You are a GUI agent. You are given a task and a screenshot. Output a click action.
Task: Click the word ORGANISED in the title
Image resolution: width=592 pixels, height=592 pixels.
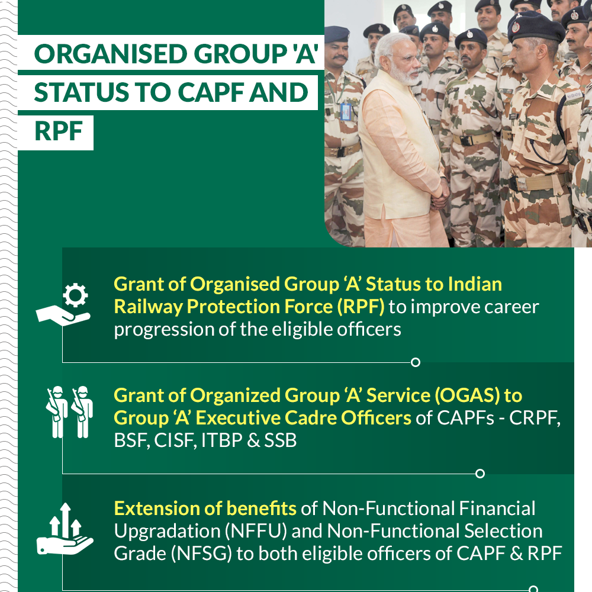click(x=110, y=54)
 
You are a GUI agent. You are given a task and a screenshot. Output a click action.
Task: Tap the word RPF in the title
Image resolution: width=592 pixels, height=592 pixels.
click(x=59, y=131)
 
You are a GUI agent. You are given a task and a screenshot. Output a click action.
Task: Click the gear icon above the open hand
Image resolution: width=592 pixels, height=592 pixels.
click(x=75, y=294)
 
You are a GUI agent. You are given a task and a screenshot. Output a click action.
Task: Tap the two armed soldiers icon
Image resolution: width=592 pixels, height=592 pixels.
click(x=69, y=412)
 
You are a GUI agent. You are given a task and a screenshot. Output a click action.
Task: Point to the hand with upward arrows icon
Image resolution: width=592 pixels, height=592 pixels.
click(x=65, y=529)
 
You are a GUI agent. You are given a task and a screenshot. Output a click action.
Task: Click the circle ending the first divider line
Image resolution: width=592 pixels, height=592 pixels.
click(x=416, y=362)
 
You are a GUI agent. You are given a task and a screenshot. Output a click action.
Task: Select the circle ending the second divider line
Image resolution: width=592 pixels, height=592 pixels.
click(x=480, y=474)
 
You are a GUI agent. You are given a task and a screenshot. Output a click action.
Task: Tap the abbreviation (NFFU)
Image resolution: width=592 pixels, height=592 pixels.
click(x=256, y=531)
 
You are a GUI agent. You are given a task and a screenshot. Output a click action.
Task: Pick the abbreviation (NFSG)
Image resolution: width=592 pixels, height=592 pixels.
click(x=201, y=554)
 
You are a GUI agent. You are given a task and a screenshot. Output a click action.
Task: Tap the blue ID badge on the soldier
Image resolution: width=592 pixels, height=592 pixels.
click(x=345, y=112)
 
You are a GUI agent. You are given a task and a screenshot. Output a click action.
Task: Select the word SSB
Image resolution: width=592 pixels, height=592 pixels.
click(x=281, y=440)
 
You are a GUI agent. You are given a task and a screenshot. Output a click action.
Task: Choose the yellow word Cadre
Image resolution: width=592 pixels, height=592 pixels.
click(x=311, y=419)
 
